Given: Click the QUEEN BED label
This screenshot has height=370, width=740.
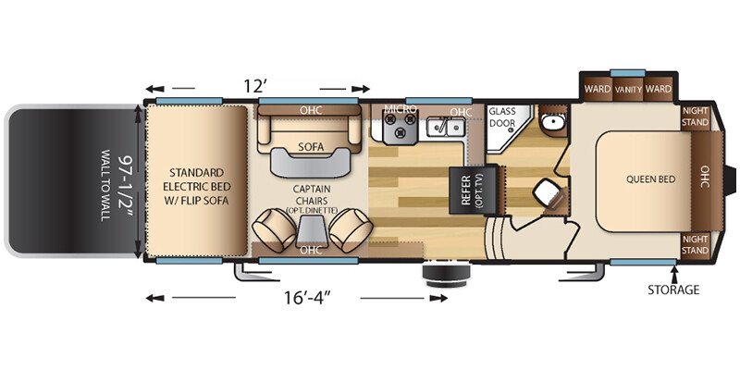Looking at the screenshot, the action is pyautogui.click(x=650, y=179).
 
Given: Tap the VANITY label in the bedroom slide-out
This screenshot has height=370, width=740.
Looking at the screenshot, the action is pyautogui.click(x=628, y=89).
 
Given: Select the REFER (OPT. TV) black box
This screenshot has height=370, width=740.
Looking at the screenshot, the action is pyautogui.click(x=473, y=190).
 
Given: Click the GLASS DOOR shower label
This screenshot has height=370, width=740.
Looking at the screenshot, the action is pyautogui.click(x=501, y=117).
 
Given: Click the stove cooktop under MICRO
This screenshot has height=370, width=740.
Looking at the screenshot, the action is pyautogui.click(x=400, y=127).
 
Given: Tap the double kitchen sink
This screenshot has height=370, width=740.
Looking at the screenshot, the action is pyautogui.click(x=446, y=127).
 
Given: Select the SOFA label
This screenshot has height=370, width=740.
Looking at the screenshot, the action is pyautogui.click(x=311, y=147).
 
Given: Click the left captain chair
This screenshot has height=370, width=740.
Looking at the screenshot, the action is pyautogui.click(x=273, y=230).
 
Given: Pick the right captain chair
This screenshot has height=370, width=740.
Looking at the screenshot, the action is pyautogui.click(x=351, y=230).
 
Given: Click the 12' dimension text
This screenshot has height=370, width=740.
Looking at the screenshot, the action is pyautogui.click(x=256, y=86).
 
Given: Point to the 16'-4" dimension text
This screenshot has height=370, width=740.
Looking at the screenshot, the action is pyautogui.click(x=307, y=298).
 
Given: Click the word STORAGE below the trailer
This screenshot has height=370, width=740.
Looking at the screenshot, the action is pyautogui.click(x=673, y=290).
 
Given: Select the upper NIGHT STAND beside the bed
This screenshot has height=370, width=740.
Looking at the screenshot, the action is pyautogui.click(x=696, y=117).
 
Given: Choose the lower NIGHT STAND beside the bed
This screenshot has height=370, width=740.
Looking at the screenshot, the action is pyautogui.click(x=696, y=244).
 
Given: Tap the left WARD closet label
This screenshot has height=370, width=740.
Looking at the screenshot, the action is pyautogui.click(x=598, y=89).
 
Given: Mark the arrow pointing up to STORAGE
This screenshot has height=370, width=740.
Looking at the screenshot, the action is pyautogui.click(x=674, y=273).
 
